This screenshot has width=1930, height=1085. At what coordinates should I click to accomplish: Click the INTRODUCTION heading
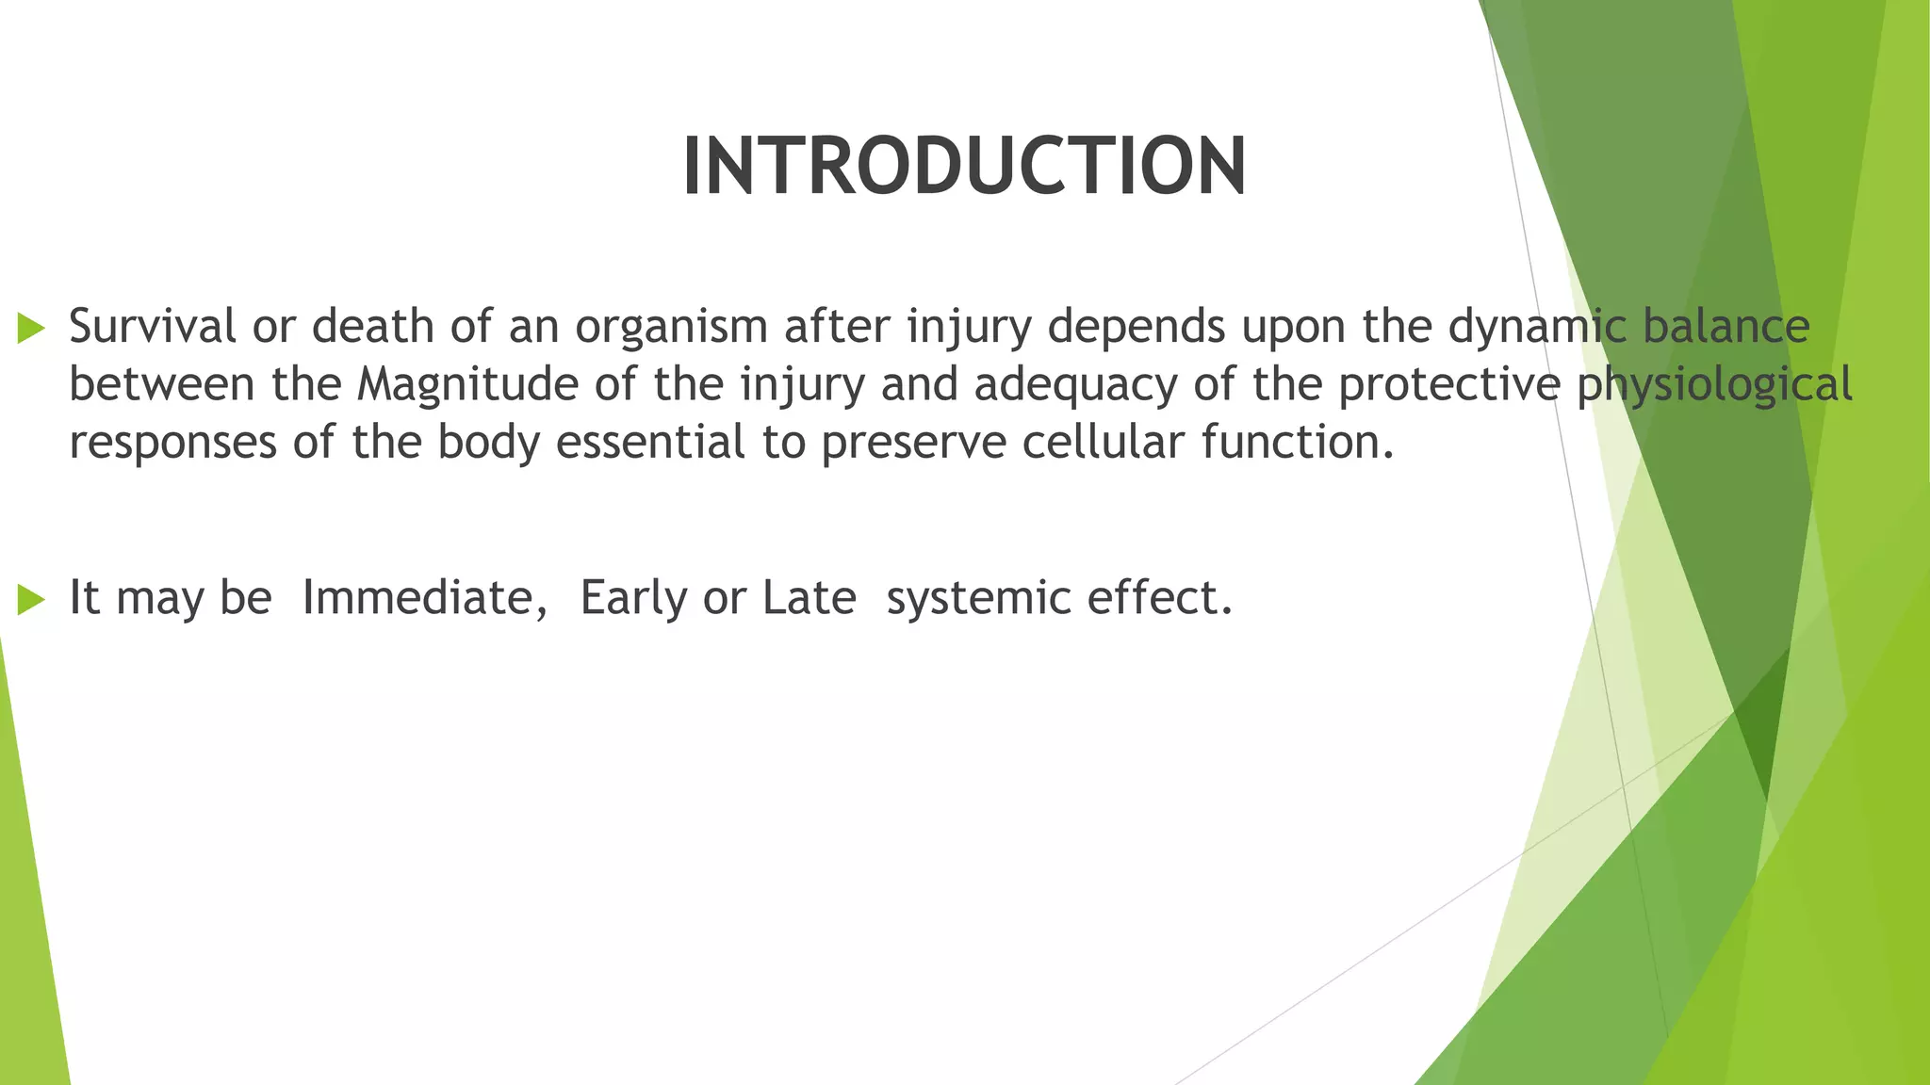coord(964,167)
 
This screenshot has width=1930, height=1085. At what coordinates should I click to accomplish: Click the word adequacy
coord(1075,385)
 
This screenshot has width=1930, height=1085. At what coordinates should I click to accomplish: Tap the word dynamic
coord(1536,327)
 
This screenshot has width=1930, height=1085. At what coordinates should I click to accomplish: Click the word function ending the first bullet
coord(1290,443)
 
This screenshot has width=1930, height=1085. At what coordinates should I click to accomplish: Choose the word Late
coord(809,598)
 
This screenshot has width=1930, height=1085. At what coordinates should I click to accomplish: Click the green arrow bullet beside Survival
coord(31,329)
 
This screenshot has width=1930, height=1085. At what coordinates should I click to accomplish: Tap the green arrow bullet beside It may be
coord(31,599)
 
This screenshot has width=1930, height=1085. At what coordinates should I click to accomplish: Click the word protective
coord(1448,385)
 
